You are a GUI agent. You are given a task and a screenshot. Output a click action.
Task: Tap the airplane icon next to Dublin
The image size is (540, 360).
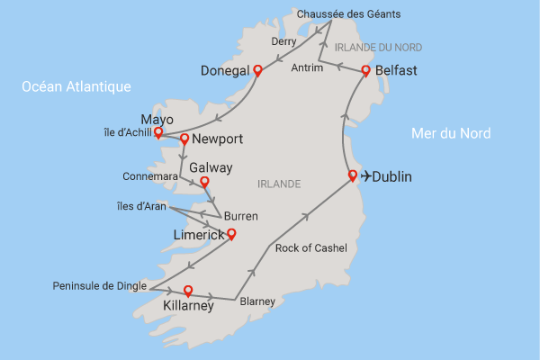(x=366, y=177)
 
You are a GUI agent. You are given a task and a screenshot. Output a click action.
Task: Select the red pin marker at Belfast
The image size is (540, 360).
(x=366, y=70)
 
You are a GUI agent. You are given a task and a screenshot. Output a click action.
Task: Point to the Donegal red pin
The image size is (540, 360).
(x=257, y=69)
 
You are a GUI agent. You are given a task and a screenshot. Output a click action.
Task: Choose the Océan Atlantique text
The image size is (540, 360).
(x=77, y=86)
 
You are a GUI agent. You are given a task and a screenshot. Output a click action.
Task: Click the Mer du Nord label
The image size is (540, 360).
(x=451, y=133)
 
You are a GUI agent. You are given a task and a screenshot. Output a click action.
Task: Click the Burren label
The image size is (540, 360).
(x=240, y=216)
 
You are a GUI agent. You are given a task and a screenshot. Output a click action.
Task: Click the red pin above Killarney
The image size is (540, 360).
(x=188, y=290)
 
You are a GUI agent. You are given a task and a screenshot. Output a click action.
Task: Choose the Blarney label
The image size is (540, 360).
(x=257, y=302)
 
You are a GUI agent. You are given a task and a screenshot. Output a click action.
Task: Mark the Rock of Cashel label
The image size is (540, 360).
(x=310, y=247)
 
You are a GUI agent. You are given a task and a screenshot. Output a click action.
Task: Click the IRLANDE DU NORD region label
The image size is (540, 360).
(x=377, y=47)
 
